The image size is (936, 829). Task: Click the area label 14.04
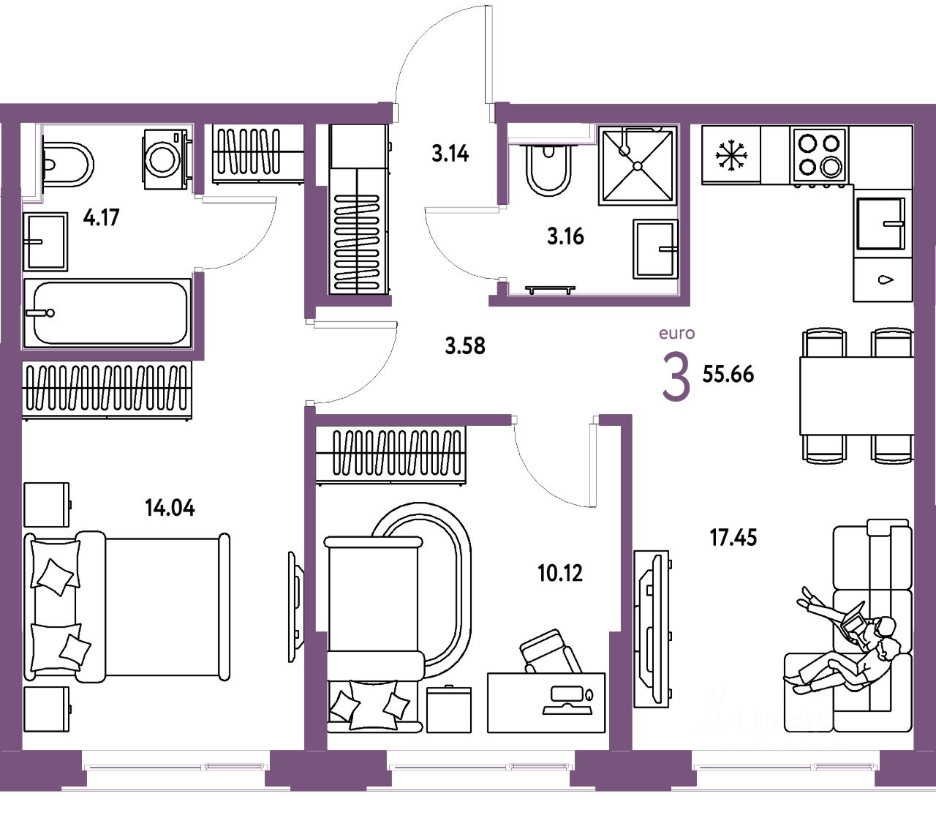point(170,507)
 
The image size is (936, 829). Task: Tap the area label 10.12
point(560,573)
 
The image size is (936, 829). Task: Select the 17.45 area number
point(733,538)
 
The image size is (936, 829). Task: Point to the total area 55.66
point(728,374)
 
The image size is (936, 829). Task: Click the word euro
point(676,334)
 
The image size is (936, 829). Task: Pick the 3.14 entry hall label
point(450,154)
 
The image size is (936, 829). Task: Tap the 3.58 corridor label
point(465,345)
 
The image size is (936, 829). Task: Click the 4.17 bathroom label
point(101,217)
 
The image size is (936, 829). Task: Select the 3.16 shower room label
point(565,236)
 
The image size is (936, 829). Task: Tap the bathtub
point(107,312)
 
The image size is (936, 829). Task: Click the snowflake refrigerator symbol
point(730,155)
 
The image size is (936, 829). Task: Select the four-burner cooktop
point(819,154)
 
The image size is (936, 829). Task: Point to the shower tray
point(637,165)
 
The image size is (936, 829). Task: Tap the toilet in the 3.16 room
point(548,170)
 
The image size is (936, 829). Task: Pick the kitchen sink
point(880,223)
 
